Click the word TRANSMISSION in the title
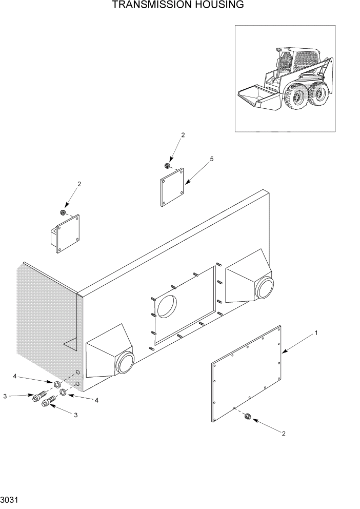pos(150,6)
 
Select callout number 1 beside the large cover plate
pos(316,333)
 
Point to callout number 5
pos(211,160)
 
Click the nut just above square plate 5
pos(167,166)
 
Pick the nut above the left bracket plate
pos(63,212)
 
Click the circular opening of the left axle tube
pos(125,363)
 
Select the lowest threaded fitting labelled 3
pos(47,402)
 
